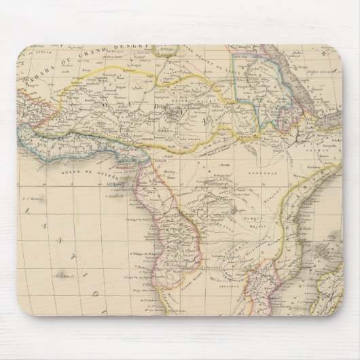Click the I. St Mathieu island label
[31, 199]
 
